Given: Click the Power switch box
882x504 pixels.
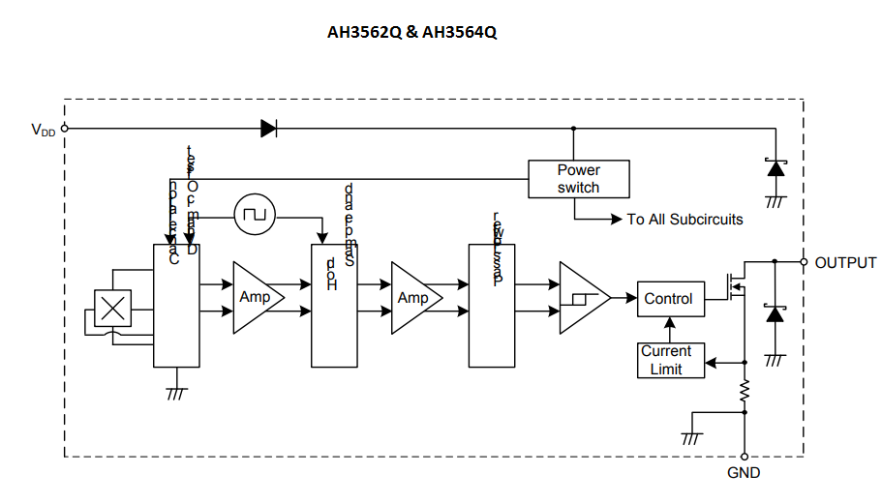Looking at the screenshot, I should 578,179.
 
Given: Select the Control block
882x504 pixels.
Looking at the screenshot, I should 668,299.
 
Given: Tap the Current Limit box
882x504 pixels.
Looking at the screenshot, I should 666,360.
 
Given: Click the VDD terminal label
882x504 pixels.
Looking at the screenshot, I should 43,129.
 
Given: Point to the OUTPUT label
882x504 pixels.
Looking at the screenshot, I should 845,263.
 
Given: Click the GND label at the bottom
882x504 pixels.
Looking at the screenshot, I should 744,473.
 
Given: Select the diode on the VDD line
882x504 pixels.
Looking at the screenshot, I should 269,128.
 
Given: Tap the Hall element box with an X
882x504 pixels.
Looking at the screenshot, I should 114,309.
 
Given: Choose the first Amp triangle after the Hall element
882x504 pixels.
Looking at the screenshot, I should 257,298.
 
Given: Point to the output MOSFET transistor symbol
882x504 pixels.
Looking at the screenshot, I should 733,287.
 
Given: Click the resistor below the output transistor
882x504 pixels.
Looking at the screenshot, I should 745,392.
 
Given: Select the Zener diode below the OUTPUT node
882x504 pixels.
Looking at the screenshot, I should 775,314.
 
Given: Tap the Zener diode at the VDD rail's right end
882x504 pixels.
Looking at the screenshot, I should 775,167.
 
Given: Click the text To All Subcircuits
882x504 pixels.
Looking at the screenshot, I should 684,220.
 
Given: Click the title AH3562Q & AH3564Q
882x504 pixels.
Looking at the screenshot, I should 411,32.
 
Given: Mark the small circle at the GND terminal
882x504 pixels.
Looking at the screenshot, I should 745,457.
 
